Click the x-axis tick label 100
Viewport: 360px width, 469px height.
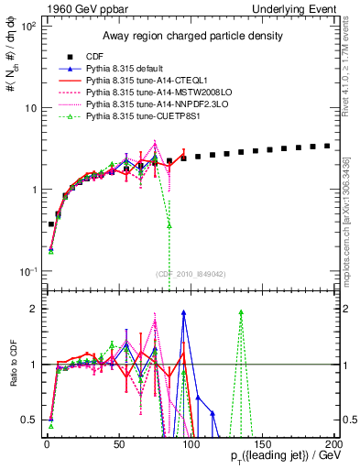click(x=191, y=443)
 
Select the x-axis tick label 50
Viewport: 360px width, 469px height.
click(x=118, y=443)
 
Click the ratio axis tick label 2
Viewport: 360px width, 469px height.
click(x=35, y=309)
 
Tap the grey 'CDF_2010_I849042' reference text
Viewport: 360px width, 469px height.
click(x=190, y=272)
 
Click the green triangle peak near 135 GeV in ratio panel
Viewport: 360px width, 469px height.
click(x=241, y=312)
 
